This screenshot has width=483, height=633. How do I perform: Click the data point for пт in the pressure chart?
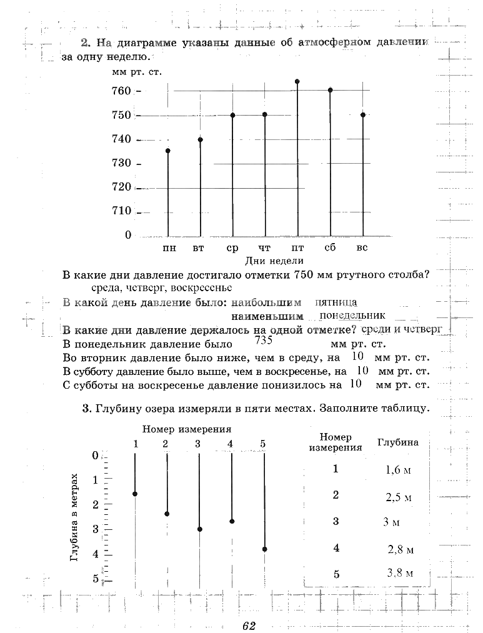[297, 81]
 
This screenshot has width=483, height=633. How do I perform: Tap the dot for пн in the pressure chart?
[168, 151]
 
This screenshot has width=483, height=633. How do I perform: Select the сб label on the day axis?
[330, 248]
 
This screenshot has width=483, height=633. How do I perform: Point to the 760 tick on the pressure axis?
[122, 91]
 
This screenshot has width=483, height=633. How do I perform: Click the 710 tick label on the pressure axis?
[122, 211]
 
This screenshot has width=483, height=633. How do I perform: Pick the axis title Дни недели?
[274, 261]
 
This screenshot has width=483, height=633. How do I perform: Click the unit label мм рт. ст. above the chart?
[137, 72]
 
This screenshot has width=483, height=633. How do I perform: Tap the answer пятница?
[336, 302]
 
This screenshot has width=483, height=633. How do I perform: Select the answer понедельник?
[352, 316]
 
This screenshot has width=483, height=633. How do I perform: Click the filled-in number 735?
[264, 341]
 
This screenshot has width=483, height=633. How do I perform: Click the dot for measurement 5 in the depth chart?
[265, 549]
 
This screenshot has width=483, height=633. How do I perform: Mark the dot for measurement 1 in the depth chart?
[135, 494]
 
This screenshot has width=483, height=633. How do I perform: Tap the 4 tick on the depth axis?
[96, 554]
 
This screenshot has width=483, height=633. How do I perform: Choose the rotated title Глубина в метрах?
[74, 517]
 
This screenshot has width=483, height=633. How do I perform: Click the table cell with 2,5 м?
[399, 498]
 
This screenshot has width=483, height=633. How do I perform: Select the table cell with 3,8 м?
[400, 572]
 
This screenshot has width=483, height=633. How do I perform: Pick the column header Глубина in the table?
[398, 442]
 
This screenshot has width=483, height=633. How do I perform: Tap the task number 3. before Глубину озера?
[87, 409]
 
